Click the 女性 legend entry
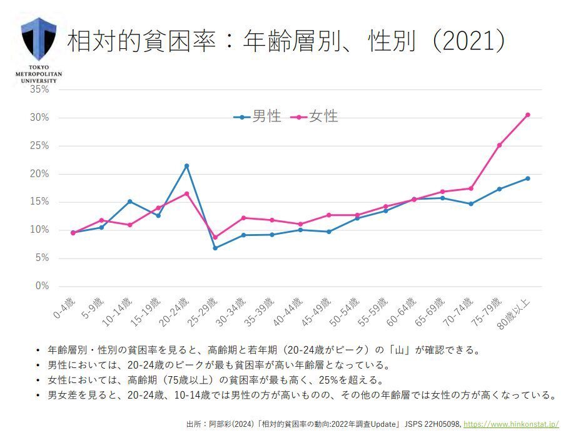316,116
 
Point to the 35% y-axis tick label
39,90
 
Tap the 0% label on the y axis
42,286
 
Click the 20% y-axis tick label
39,174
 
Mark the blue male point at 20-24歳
186,166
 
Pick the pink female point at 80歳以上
527,115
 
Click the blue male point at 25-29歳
215,248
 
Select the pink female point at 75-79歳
499,145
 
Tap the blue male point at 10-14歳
129,202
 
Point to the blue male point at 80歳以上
527,178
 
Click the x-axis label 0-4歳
64,308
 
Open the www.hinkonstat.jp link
510,424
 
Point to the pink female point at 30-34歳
243,218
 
